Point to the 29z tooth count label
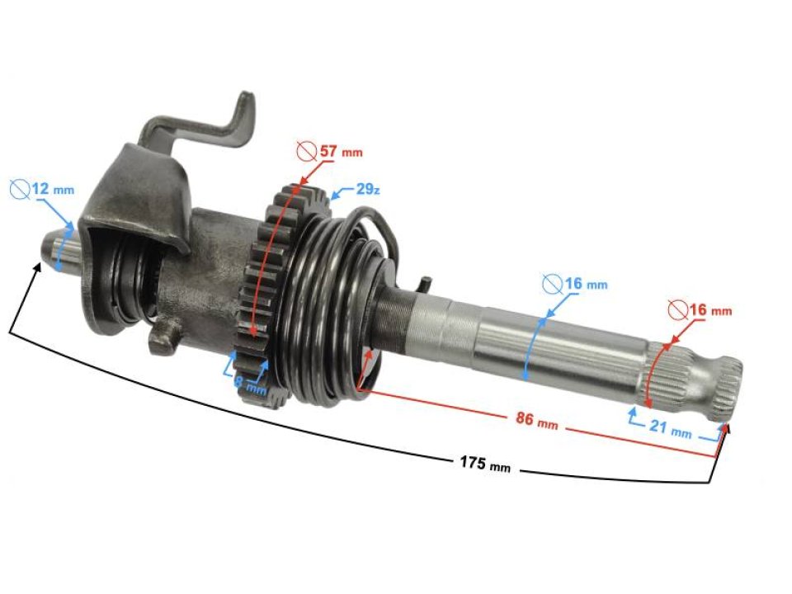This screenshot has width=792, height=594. point(367,190)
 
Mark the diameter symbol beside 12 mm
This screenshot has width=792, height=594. point(19,189)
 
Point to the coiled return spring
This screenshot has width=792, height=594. point(330,313)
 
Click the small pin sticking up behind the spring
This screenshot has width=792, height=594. point(423,285)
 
